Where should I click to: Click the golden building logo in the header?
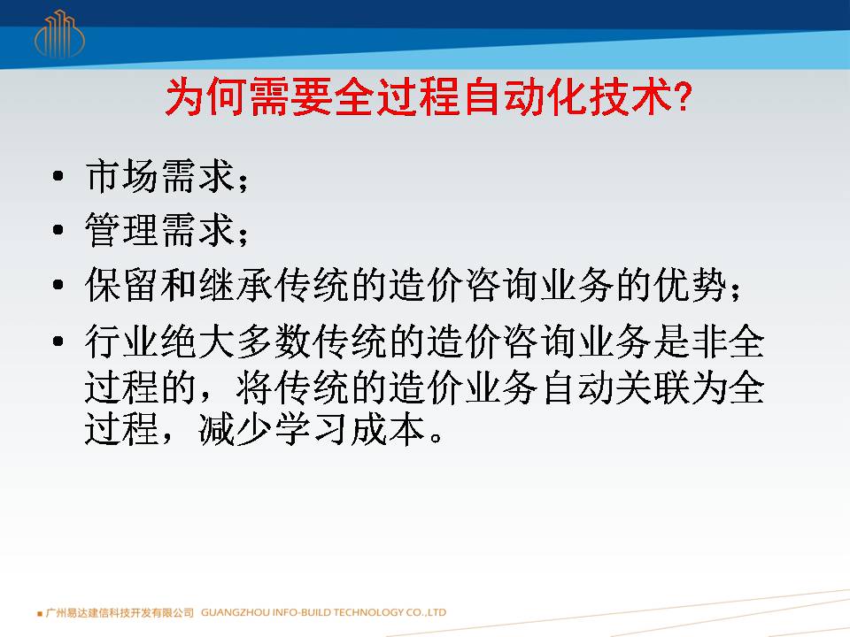pyautogui.click(x=59, y=34)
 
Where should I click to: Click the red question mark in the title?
pyautogui.click(x=684, y=97)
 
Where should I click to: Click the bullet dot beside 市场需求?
pyautogui.click(x=58, y=175)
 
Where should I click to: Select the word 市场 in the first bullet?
pyautogui.click(x=122, y=175)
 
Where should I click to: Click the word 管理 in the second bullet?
pyautogui.click(x=122, y=230)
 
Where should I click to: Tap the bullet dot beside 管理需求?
pyautogui.click(x=58, y=230)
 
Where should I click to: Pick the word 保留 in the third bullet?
pyautogui.click(x=122, y=284)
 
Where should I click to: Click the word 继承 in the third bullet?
pyautogui.click(x=236, y=284)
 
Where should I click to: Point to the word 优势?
pyautogui.click(x=690, y=284)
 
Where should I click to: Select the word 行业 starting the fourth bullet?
pyautogui.click(x=122, y=342)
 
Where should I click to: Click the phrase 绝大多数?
pyautogui.click(x=236, y=342)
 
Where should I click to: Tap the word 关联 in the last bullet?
pyautogui.click(x=653, y=388)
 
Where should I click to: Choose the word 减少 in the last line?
pyautogui.click(x=236, y=429)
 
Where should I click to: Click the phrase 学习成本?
pyautogui.click(x=351, y=429)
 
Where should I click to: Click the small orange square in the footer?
pyautogui.click(x=40, y=614)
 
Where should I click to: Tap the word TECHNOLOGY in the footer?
pyautogui.click(x=367, y=612)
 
